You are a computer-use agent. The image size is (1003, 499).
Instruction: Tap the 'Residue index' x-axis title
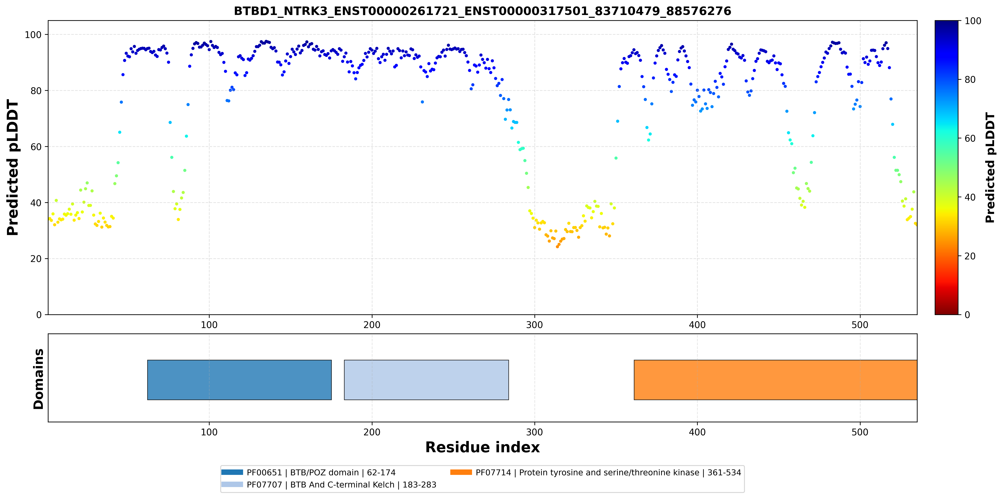482,447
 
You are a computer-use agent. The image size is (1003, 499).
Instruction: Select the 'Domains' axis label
38,379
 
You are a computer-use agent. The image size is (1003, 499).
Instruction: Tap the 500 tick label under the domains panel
860,432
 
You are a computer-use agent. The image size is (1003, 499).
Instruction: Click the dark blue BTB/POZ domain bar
239,380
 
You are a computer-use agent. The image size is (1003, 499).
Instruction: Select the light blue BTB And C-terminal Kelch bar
426,380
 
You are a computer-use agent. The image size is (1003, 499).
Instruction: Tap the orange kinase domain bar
776,380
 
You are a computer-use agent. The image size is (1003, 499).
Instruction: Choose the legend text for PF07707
341,485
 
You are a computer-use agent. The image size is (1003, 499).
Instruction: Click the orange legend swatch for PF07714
461,472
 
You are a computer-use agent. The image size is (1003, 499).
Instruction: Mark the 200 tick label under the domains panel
372,432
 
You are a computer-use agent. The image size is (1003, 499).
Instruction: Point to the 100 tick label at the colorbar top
973,21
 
